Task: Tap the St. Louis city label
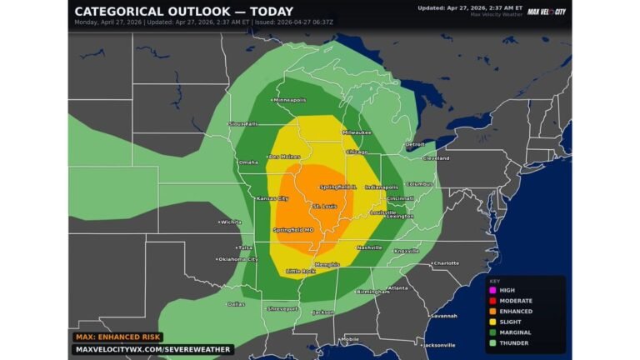324,205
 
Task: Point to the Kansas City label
272,198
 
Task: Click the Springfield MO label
294,229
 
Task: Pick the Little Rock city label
301,271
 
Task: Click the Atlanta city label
397,288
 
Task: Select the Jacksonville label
439,344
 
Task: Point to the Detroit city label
415,144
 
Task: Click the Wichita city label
231,222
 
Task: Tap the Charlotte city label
446,262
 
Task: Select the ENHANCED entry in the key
516,311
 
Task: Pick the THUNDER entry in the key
513,342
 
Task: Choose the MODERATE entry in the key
516,300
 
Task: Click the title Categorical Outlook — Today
183,12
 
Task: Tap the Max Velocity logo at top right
547,12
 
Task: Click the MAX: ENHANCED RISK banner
116,337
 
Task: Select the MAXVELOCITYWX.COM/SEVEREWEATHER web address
152,349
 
